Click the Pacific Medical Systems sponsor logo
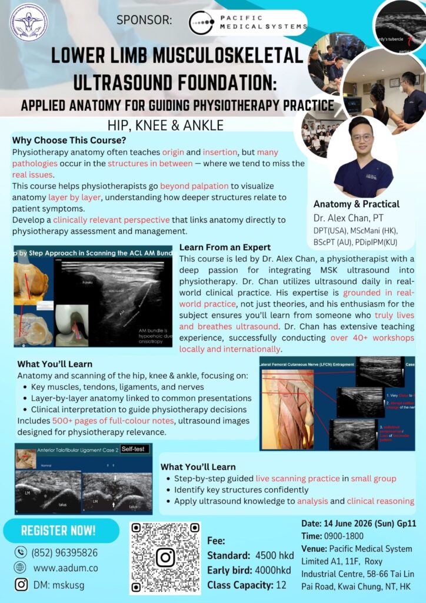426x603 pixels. tap(248, 23)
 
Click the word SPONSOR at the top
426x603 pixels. tap(144, 21)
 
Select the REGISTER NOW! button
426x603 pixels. tap(58, 530)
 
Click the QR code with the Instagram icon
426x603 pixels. tap(165, 556)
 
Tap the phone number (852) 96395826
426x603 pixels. tap(65, 553)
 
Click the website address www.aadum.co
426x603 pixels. tap(65, 568)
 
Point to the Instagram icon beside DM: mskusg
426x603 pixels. tap(21, 584)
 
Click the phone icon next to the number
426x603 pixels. tap(21, 552)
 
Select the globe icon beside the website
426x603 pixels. tap(21, 568)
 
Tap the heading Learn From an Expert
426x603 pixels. tap(225, 247)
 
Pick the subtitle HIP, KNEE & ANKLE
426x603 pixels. tap(165, 125)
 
